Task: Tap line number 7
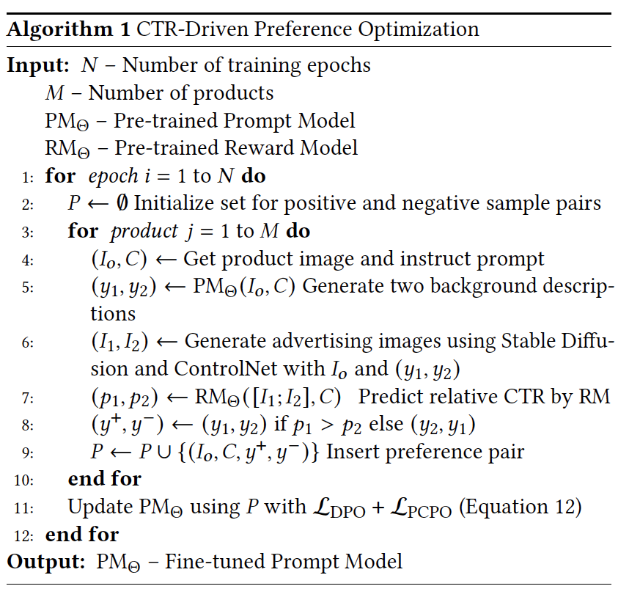[29, 398]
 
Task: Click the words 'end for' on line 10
[104, 479]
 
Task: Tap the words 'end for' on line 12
[81, 534]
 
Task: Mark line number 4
[29, 260]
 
